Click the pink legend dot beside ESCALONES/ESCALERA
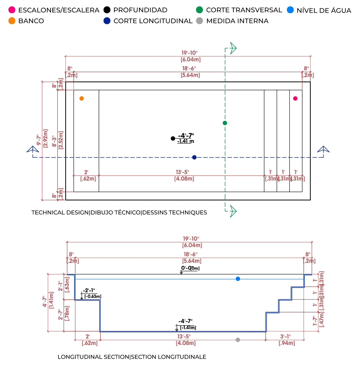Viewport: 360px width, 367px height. [12, 10]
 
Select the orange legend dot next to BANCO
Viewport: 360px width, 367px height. [12, 21]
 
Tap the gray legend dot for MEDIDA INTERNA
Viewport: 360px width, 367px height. [200, 21]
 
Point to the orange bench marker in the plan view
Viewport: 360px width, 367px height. [82, 98]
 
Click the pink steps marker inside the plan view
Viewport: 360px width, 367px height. [295, 98]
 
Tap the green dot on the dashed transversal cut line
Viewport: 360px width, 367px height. [225, 123]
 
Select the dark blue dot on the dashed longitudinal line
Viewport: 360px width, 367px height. [194, 157]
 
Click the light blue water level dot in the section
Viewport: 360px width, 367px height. [238, 279]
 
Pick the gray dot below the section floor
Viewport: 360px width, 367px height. [237, 340]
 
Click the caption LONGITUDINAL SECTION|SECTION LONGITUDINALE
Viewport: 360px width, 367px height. [132, 357]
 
